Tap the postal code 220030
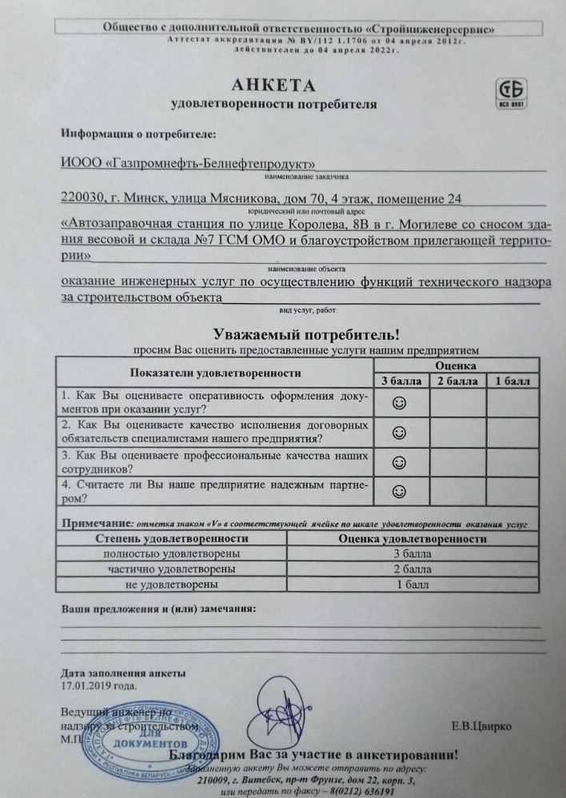pyautogui.click(x=82, y=198)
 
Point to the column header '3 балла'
pyautogui.click(x=401, y=381)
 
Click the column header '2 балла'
pyautogui.click(x=457, y=381)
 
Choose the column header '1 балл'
pyautogui.click(x=513, y=381)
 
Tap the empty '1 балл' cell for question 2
pyautogui.click(x=513, y=433)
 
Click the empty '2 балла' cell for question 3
pyautogui.click(x=457, y=461)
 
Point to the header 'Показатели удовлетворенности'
pyautogui.click(x=215, y=373)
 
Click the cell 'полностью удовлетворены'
pyautogui.click(x=170, y=553)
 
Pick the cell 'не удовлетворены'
pyautogui.click(x=170, y=584)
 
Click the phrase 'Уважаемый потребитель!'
pyautogui.click(x=305, y=334)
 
